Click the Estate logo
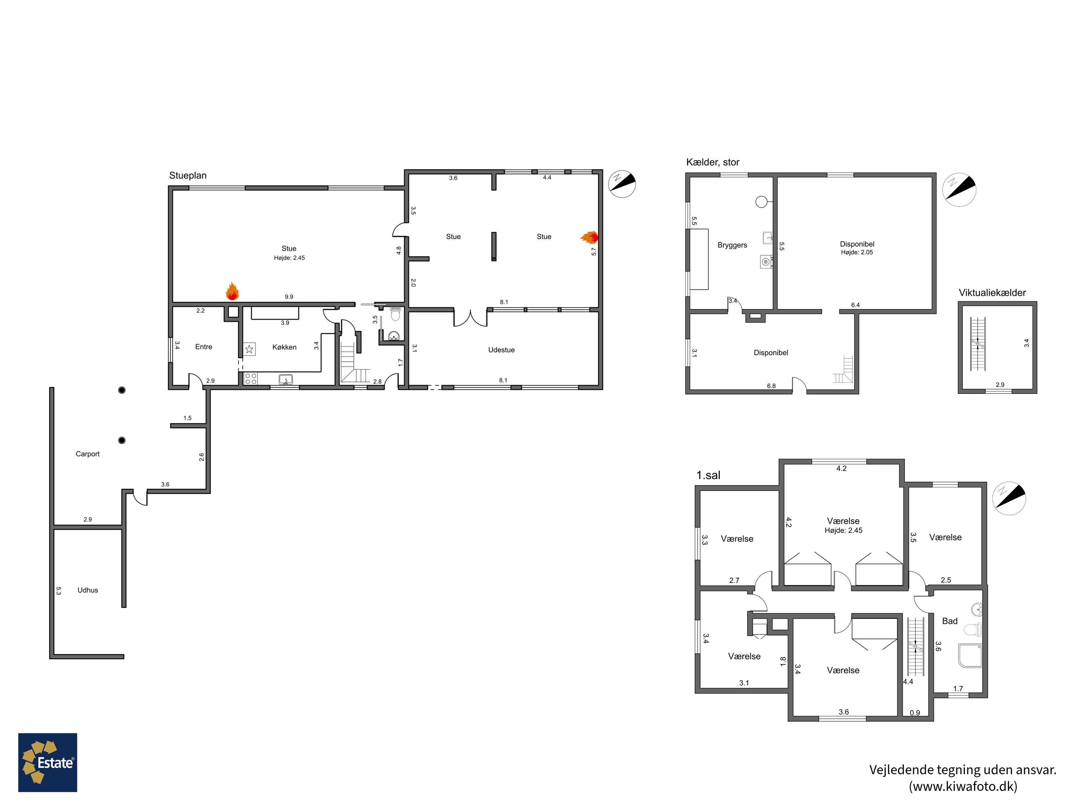point(48,762)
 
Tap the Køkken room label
point(284,347)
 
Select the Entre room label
point(203,347)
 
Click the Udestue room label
point(501,350)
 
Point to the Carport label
point(88,454)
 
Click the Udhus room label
point(88,590)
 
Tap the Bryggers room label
point(732,245)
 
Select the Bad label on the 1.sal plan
point(949,621)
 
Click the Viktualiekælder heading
point(992,293)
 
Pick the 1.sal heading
point(708,475)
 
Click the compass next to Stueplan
point(622,184)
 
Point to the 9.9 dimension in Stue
point(289,297)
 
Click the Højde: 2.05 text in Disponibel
point(856,253)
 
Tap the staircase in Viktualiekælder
point(978,344)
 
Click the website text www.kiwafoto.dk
point(963,787)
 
